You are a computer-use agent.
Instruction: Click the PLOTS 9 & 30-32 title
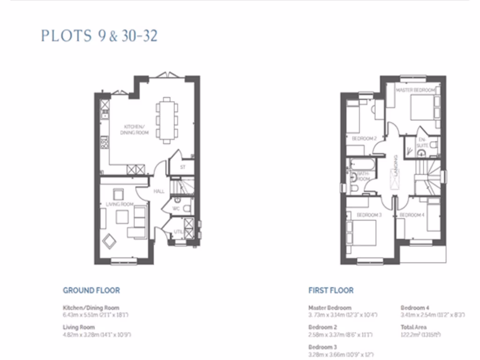[99, 36]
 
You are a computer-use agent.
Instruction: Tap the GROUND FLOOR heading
[91, 291]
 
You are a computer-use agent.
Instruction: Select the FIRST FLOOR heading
[331, 291]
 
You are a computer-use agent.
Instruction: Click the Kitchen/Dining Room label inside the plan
[136, 130]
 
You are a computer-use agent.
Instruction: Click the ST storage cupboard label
[183, 167]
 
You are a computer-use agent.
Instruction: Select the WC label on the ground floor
[176, 208]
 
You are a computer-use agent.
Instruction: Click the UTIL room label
[179, 232]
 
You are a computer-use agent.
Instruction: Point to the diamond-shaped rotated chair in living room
[110, 241]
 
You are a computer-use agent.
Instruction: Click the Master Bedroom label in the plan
[415, 90]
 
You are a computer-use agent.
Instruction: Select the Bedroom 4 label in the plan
[412, 215]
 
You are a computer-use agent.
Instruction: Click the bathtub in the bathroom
[362, 165]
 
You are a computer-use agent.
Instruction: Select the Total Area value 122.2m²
[420, 335]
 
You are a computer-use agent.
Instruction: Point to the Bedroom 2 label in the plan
[365, 139]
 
